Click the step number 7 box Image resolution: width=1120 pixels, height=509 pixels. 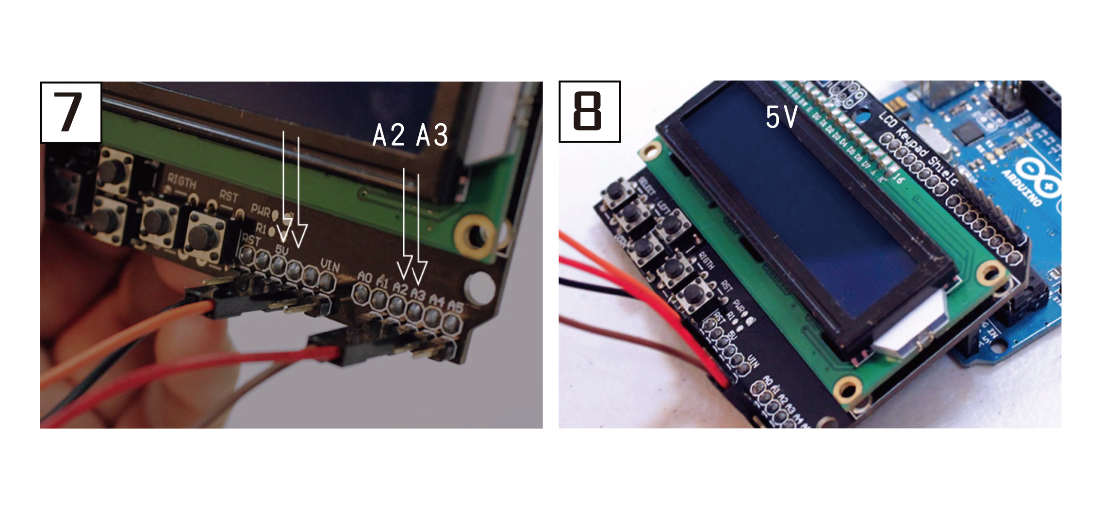click(x=71, y=113)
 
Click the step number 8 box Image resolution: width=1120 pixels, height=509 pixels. click(x=589, y=112)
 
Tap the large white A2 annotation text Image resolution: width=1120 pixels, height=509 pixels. click(x=388, y=135)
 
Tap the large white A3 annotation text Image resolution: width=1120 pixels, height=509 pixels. click(x=432, y=135)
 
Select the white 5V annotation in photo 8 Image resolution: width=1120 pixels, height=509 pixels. click(x=781, y=117)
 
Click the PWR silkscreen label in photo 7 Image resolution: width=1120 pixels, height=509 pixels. click(x=261, y=210)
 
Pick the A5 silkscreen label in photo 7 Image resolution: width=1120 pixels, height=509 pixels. click(x=455, y=306)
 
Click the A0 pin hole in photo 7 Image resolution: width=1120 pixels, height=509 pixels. click(x=362, y=293)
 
